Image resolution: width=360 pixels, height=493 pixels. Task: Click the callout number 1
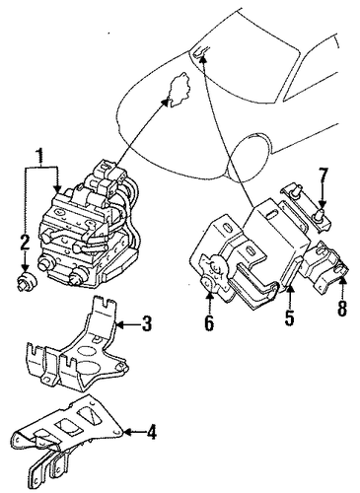point(39,157)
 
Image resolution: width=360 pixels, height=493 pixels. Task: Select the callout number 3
point(146,323)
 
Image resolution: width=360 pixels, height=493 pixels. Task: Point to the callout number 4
point(151,432)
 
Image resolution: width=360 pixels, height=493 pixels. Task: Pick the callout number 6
point(209,322)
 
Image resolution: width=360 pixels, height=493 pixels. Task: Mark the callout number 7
point(323,176)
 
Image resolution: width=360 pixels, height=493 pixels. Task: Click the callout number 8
point(342,309)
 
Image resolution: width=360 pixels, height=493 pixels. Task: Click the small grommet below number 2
point(27,282)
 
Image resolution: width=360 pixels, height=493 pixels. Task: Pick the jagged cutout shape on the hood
point(178,90)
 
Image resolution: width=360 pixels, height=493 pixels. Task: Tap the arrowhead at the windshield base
point(203,59)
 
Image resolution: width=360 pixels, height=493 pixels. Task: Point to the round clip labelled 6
point(214,274)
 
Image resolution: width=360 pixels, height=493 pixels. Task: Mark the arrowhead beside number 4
point(129,432)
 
